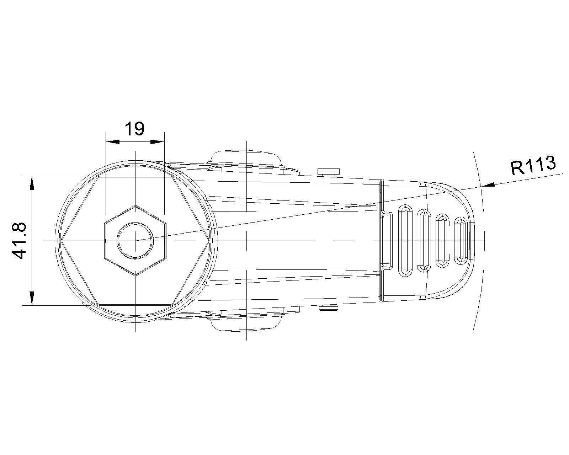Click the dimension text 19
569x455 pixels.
tap(135, 129)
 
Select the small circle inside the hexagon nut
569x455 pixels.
tap(135, 241)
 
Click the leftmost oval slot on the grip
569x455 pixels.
tap(404, 241)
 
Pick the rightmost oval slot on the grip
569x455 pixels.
tap(460, 241)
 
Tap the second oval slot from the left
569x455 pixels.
tap(423, 241)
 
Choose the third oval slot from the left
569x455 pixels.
tap(442, 241)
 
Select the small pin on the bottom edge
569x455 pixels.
tap(328, 308)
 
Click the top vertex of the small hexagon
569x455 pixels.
tap(135, 205)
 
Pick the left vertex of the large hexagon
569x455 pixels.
tap(61, 241)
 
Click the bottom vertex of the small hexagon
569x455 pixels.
tap(135, 275)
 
